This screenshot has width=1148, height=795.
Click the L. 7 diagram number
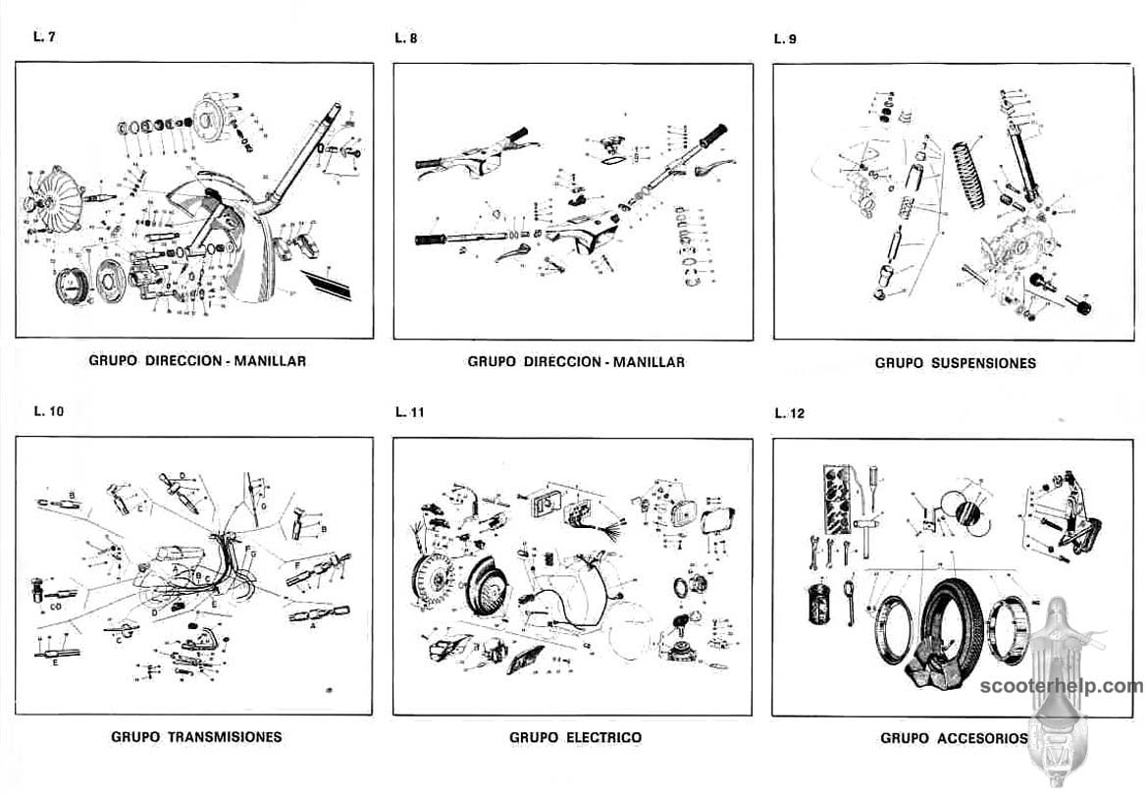click(x=43, y=38)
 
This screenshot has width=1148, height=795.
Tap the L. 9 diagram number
click(x=785, y=39)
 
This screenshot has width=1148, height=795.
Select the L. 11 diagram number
click(x=409, y=412)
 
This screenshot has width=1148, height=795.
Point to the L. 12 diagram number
click(x=789, y=413)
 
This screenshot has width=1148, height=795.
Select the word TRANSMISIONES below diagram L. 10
click(x=225, y=736)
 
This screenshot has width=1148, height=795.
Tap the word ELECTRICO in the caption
click(x=603, y=736)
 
